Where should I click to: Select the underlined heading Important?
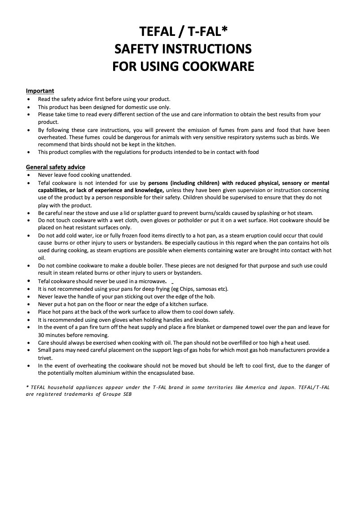tap(40, 91)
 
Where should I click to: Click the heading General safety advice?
tap(55, 167)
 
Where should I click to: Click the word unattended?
tap(115, 175)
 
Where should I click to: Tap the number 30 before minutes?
tap(42, 334)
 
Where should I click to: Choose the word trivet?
tap(45, 358)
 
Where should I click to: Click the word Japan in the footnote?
tap(279, 387)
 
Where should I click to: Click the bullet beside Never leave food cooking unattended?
tap(29, 175)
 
